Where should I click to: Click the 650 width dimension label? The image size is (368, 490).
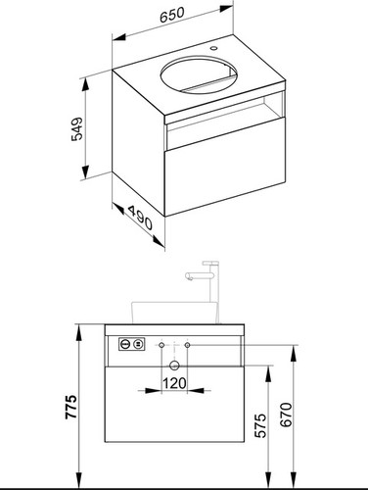click(172, 15)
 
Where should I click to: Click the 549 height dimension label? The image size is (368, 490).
click(77, 128)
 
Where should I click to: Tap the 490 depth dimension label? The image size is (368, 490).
click(140, 218)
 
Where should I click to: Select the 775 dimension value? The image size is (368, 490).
click(70, 407)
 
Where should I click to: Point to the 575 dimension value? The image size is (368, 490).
click(260, 425)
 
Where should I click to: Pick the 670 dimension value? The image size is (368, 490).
click(286, 415)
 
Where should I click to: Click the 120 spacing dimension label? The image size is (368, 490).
click(174, 383)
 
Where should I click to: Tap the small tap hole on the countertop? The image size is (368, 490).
click(213, 48)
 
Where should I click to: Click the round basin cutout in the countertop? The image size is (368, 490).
click(199, 75)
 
